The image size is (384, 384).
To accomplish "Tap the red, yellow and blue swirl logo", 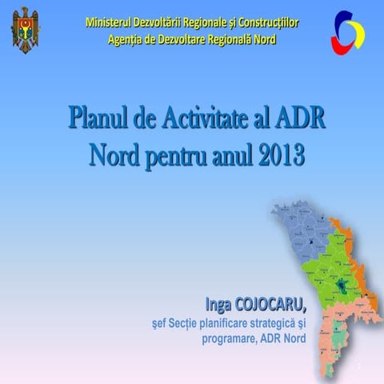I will (348, 31).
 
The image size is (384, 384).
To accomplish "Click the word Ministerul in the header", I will (114, 22).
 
